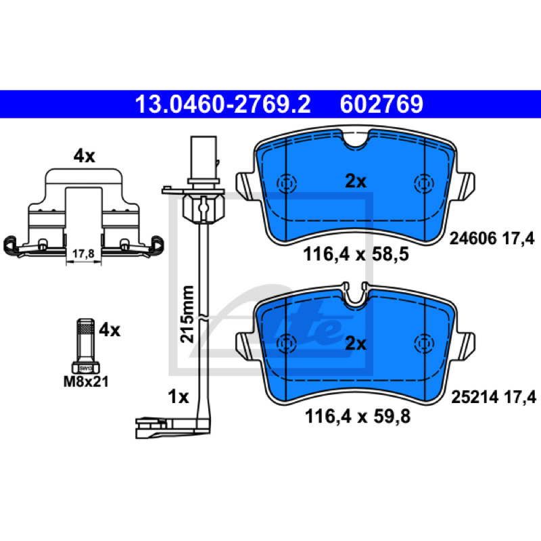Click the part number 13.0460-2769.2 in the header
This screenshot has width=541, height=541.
[223, 104]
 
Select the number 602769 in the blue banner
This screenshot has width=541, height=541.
[381, 104]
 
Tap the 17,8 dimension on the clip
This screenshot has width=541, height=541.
[83, 254]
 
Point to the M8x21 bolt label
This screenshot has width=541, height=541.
[86, 381]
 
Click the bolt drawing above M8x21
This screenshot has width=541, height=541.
[86, 346]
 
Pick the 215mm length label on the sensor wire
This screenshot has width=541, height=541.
[188, 314]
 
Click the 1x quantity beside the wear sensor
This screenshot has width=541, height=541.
[179, 397]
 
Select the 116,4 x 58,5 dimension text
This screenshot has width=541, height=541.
[356, 255]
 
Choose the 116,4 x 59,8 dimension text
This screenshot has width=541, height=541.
[358, 417]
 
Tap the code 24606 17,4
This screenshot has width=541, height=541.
[492, 239]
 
